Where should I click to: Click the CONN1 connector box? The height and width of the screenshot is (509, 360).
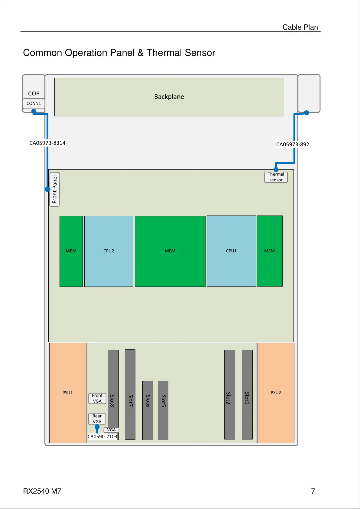[x=34, y=103]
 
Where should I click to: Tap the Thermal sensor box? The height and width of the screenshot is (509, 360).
[x=276, y=177]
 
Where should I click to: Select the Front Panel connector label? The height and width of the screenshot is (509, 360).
[x=54, y=189]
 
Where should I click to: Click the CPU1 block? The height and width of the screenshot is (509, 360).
[x=231, y=251]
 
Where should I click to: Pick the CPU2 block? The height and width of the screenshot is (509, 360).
[x=109, y=251]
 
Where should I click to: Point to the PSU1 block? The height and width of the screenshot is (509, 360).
[x=68, y=393]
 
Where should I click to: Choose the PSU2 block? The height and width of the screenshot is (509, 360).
[x=276, y=393]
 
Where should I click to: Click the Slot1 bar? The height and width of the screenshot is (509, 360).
[x=247, y=394]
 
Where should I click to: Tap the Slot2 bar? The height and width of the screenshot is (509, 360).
[x=229, y=394]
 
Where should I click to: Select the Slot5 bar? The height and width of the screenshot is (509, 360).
[x=163, y=410]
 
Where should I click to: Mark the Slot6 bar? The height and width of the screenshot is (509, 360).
[x=148, y=410]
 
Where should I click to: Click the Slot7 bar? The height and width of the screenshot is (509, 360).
[x=130, y=394]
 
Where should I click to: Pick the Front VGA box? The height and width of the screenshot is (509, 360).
[x=97, y=398]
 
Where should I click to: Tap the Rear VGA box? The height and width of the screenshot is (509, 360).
[x=97, y=419]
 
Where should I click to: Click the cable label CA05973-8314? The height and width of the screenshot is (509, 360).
[x=47, y=143]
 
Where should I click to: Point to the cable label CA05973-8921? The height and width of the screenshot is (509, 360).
[x=294, y=144]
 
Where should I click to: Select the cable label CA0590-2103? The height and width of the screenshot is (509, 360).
[x=102, y=437]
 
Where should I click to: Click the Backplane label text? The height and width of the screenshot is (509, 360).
[x=169, y=97]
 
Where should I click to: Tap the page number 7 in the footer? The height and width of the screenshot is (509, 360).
[x=313, y=491]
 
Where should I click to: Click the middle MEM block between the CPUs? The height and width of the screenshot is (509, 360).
[x=170, y=251]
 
